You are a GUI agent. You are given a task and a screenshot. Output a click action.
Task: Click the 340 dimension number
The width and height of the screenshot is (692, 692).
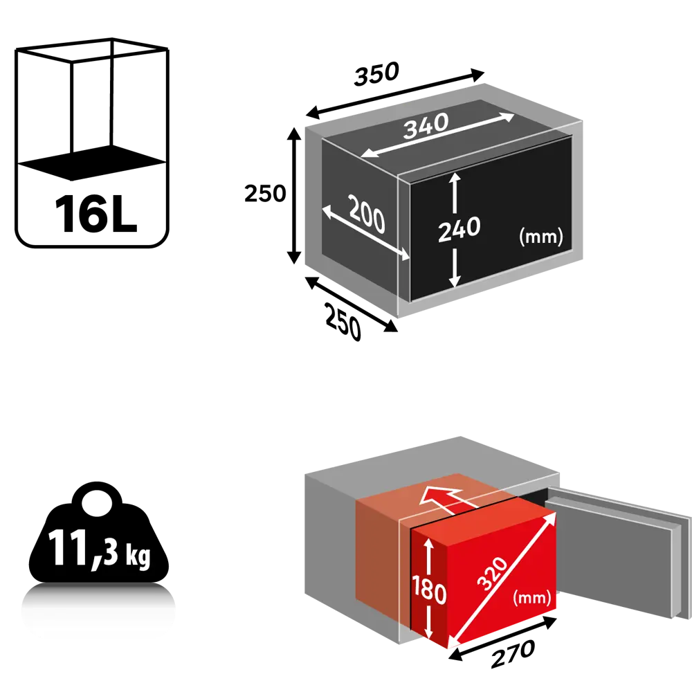pos(427,127)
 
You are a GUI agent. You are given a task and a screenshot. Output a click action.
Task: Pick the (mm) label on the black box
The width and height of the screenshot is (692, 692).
pos(540,237)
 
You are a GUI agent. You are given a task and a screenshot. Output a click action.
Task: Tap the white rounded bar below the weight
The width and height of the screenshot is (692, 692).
pos(98,612)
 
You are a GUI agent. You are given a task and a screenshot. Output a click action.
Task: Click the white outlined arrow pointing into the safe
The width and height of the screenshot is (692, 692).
pos(446,498)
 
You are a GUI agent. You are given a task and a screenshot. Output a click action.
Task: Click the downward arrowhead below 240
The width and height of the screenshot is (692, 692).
pos(454,280)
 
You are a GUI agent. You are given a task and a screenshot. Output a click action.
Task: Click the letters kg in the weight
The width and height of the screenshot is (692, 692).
pos(138,557)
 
